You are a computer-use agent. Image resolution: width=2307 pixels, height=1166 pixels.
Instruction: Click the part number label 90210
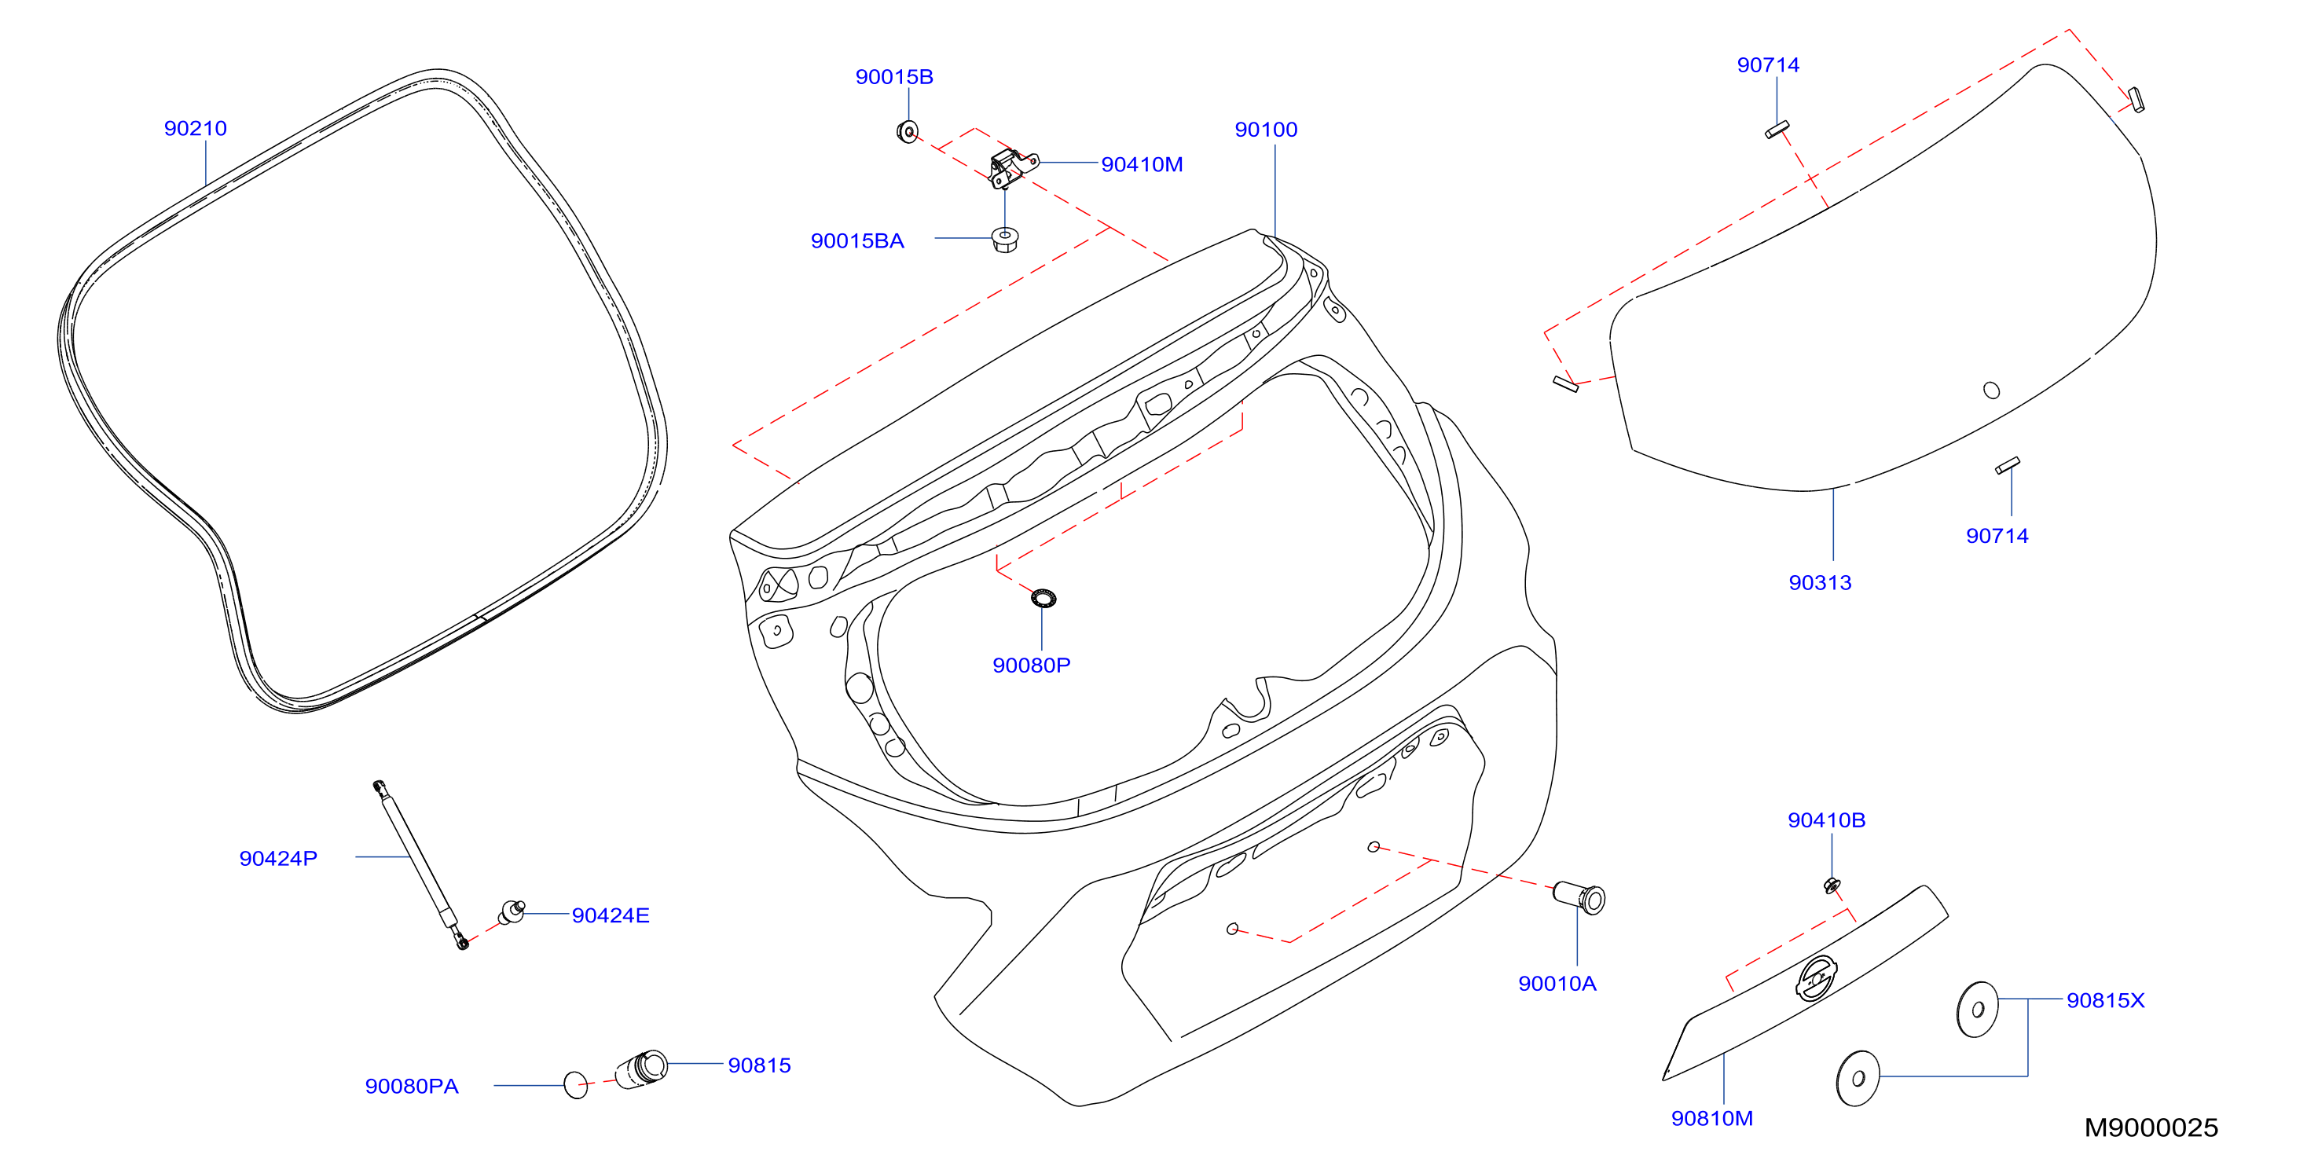tap(195, 129)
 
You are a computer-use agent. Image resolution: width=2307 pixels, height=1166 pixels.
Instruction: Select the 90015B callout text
tap(893, 77)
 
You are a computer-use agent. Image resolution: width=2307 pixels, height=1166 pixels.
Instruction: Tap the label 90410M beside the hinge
tap(1142, 165)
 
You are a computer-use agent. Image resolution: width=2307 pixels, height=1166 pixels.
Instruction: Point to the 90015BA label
tap(857, 241)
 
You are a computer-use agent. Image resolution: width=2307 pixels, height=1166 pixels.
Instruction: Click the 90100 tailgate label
tap(1265, 130)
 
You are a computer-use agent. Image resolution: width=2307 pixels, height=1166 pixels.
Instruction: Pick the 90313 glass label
tap(1820, 583)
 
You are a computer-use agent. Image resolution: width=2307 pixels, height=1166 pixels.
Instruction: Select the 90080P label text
tap(1031, 665)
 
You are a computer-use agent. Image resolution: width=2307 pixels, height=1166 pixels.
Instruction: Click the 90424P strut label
tap(277, 859)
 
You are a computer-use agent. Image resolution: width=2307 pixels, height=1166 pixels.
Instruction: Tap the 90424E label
tap(610, 915)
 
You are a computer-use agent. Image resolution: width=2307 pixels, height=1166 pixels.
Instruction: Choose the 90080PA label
tap(411, 1087)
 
